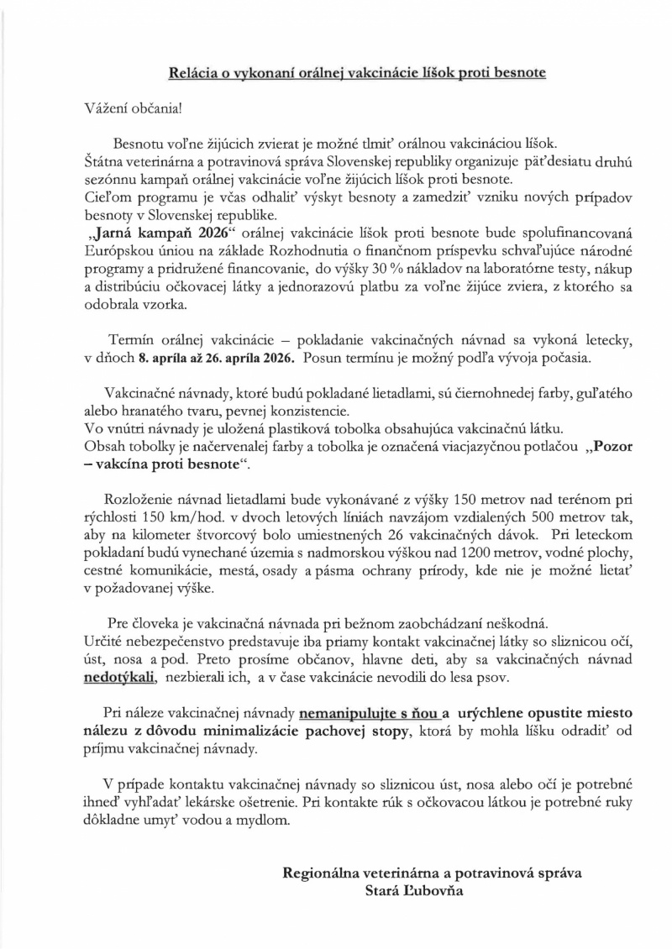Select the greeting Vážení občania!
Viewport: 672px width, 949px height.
tap(133, 108)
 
